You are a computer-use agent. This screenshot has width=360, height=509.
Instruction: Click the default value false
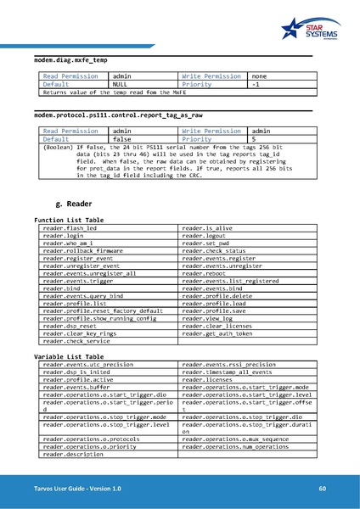127,138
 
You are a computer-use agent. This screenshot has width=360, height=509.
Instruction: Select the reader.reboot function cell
204,273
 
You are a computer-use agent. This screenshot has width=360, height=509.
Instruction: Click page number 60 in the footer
322,489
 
